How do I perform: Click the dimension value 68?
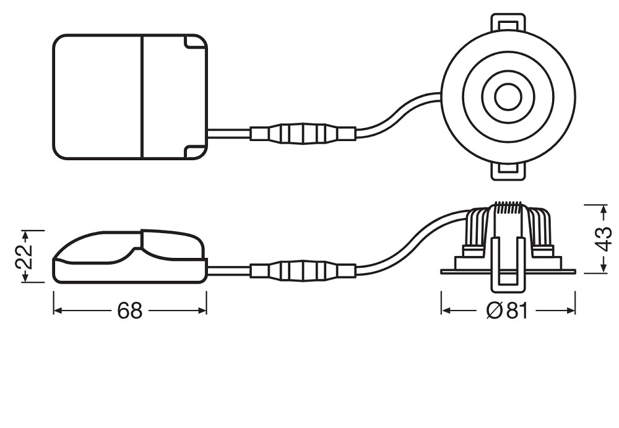[x=129, y=311]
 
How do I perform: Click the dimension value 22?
[x=24, y=257]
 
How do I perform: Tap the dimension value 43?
[x=604, y=239]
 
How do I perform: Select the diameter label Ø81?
[x=507, y=311]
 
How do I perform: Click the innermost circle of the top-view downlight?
[x=508, y=97]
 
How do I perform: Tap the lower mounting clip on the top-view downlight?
[x=508, y=171]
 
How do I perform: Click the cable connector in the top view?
[x=303, y=134]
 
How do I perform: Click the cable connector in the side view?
[x=303, y=271]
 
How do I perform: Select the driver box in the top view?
[x=130, y=97]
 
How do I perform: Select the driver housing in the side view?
[x=129, y=257]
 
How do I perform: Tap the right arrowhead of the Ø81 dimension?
[x=571, y=311]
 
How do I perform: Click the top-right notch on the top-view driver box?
[x=196, y=43]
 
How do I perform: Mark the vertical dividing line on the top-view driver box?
[x=141, y=97]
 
